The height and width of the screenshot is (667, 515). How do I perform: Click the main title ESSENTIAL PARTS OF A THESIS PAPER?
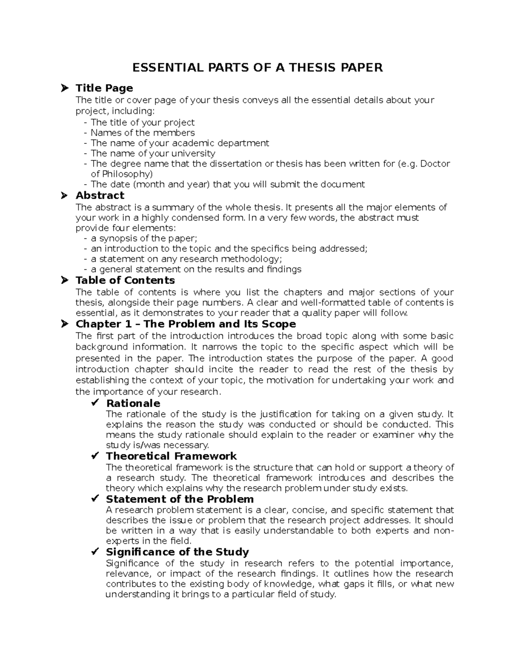257,67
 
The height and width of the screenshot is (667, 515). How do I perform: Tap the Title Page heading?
104,88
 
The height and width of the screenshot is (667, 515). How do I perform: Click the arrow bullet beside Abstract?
64,195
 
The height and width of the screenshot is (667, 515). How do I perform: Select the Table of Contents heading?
125,280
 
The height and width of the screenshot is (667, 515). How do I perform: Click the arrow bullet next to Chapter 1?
64,323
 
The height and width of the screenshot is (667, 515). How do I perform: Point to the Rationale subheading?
133,403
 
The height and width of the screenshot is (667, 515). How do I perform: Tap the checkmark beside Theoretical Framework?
95,456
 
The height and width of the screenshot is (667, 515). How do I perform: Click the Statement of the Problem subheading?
179,499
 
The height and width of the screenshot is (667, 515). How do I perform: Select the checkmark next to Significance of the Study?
95,551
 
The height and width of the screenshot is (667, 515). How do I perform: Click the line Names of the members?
142,133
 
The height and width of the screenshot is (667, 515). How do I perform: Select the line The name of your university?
153,153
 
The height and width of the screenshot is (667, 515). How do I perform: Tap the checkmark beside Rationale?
95,403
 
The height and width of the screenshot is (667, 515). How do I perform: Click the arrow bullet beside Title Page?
64,88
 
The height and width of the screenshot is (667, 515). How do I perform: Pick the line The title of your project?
142,122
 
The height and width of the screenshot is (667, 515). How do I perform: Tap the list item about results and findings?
196,269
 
